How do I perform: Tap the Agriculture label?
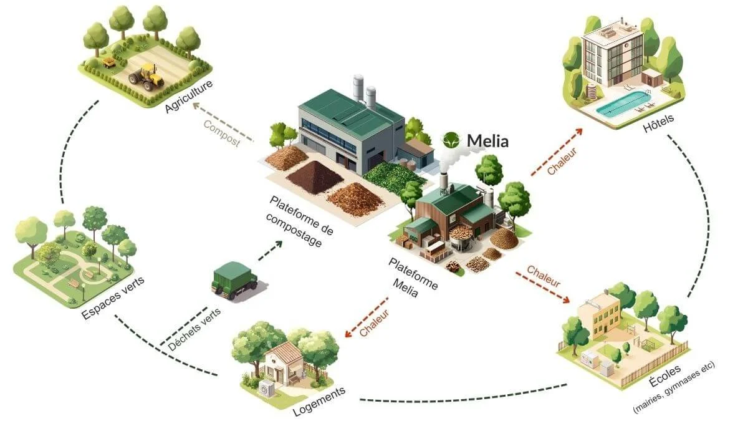(x=189, y=97)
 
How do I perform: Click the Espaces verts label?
(x=113, y=299)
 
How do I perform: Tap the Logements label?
(x=319, y=402)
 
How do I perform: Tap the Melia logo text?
(x=486, y=141)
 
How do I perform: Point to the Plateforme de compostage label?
(x=299, y=221)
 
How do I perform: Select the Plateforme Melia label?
(x=411, y=278)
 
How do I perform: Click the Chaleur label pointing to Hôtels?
(x=562, y=160)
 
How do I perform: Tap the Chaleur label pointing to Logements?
(x=374, y=324)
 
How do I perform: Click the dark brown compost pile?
(x=315, y=176)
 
